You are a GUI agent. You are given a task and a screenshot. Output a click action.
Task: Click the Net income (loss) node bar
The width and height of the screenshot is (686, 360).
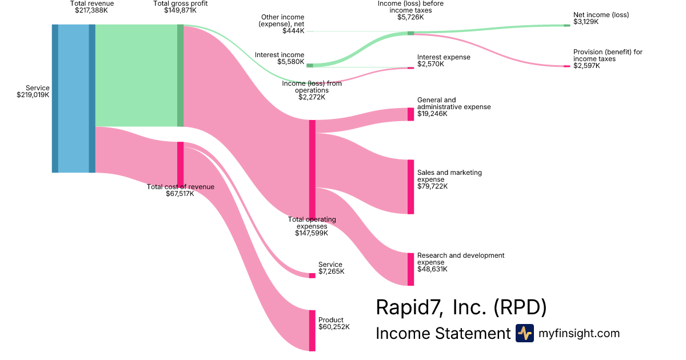coord(567,25)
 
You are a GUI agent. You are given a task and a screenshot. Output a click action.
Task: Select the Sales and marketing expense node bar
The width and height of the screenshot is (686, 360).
coord(410,187)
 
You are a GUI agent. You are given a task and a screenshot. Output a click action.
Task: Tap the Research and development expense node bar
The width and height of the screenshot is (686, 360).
coord(410,269)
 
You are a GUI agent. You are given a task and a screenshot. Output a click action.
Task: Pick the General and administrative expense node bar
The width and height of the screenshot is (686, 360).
coord(410,114)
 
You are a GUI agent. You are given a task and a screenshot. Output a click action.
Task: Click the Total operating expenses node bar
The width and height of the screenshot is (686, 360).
coord(312,169)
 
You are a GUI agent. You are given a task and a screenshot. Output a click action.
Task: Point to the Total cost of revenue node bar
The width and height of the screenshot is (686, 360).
coord(180,163)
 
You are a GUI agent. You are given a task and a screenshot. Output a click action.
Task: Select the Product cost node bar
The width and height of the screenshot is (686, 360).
coord(312,330)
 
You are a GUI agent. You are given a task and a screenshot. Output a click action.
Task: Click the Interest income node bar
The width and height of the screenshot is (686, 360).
coord(310,66)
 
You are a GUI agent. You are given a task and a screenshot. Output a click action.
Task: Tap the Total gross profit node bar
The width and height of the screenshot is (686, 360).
coord(180,75)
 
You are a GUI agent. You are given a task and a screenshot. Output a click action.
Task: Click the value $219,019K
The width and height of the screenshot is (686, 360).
coord(33,95)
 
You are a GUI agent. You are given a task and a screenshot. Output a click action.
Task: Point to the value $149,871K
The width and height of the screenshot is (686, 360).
coord(180,10)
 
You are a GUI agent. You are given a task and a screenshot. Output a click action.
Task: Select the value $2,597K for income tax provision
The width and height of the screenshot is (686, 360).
coord(587,66)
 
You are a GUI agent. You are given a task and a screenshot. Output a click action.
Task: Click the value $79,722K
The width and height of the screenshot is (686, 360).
coord(432,186)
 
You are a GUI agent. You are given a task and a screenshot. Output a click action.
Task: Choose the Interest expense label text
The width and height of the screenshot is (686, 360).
coord(444,57)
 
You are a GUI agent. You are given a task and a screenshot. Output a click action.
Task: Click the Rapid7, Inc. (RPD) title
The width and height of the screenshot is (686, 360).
coord(461,307)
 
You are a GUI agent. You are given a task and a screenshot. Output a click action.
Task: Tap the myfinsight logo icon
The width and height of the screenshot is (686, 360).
coord(524,333)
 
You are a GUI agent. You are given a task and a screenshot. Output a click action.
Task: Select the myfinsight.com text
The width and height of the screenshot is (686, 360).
coord(579,333)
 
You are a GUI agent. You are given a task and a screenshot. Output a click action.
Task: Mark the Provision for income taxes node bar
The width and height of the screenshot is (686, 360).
coord(567,66)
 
